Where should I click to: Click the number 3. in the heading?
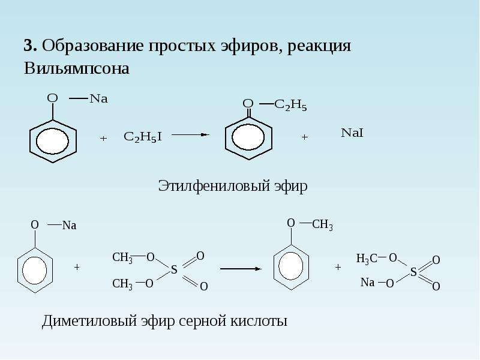[31, 46]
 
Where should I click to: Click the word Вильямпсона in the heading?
[77, 68]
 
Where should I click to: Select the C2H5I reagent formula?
[143, 137]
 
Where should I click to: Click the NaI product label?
[352, 133]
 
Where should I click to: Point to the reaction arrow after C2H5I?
[190, 134]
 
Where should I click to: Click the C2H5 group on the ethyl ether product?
[290, 105]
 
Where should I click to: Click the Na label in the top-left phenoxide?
[98, 98]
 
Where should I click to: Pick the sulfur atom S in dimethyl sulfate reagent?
[174, 269]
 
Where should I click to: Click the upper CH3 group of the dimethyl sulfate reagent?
[122, 257]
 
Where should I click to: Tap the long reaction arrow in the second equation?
[241, 269]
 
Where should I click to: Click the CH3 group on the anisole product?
[322, 224]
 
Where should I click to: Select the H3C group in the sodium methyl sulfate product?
[367, 259]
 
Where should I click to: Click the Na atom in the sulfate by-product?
[367, 282]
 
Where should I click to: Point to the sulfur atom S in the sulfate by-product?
[413, 272]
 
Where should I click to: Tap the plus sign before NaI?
[304, 137]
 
